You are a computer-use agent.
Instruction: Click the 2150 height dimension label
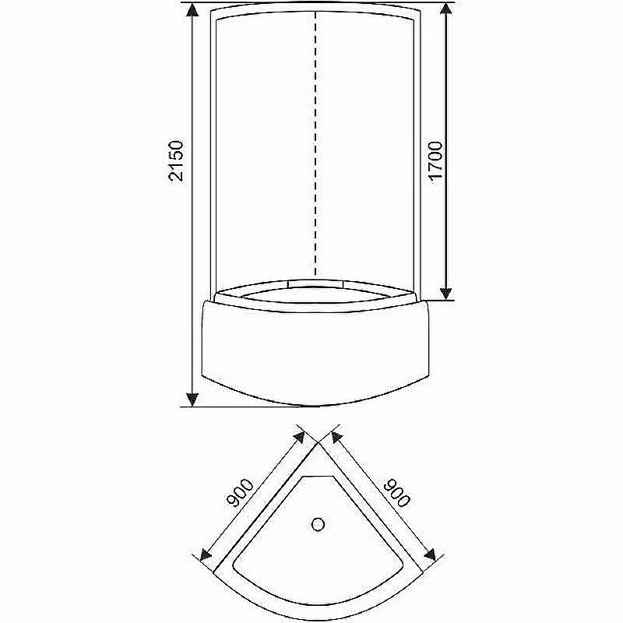pyautogui.click(x=176, y=161)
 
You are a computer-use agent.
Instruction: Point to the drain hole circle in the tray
pyautogui.click(x=318, y=525)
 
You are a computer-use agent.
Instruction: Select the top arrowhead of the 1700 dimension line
pyautogui.click(x=445, y=10)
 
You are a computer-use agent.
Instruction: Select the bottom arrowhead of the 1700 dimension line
pyautogui.click(x=445, y=291)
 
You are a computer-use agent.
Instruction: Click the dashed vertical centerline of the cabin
pyautogui.click(x=315, y=140)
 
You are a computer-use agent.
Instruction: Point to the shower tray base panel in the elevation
pyautogui.click(x=315, y=350)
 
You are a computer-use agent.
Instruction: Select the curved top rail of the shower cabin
pyautogui.click(x=315, y=12)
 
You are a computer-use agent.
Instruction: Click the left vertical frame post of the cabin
pyautogui.click(x=211, y=156)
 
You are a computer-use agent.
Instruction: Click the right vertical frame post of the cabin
pyautogui.click(x=421, y=156)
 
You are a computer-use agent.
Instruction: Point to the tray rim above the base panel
pyautogui.click(x=315, y=294)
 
